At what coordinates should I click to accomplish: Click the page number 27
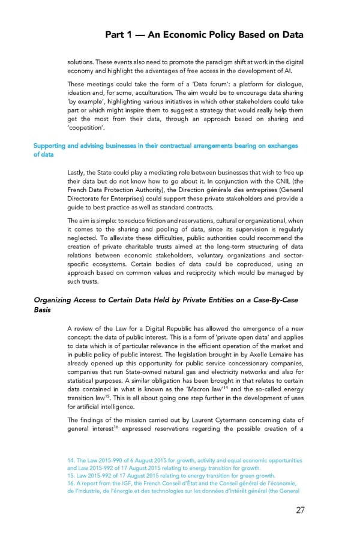295,511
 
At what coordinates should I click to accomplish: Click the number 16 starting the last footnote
71,482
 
